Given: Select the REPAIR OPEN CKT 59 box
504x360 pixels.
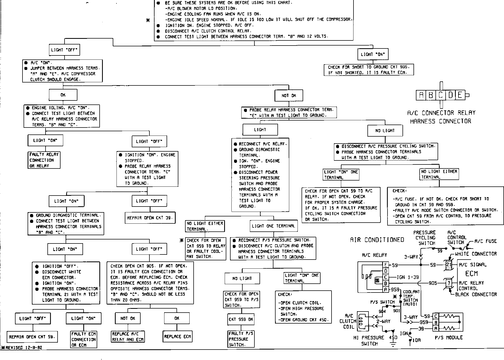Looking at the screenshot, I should [32, 337].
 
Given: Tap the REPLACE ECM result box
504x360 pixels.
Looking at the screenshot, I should [177, 336].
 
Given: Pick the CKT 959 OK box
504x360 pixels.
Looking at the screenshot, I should [241, 319].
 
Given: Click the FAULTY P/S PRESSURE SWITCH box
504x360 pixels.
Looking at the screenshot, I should [240, 339].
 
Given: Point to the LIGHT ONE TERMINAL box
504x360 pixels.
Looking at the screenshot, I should [273, 226].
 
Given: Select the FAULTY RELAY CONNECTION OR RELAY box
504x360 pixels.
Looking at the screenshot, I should [44, 160].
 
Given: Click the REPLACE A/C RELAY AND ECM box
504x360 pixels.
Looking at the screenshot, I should [128, 337].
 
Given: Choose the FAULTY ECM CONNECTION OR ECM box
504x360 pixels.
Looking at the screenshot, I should [84, 339].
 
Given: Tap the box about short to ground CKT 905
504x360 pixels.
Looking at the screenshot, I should [369, 70].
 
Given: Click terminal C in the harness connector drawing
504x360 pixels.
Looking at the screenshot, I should [441, 95].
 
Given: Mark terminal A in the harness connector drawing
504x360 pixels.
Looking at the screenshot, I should [421, 95].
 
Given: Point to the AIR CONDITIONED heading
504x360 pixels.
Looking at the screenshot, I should [377, 240].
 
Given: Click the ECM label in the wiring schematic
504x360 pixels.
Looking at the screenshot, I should [472, 273].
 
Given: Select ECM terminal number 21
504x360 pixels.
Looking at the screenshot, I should [449, 265].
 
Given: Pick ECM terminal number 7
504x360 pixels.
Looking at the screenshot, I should [449, 283].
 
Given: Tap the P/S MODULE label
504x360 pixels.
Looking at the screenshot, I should [449, 337].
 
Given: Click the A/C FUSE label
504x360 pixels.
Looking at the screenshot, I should [486, 241].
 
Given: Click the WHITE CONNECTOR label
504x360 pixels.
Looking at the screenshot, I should [476, 254].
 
